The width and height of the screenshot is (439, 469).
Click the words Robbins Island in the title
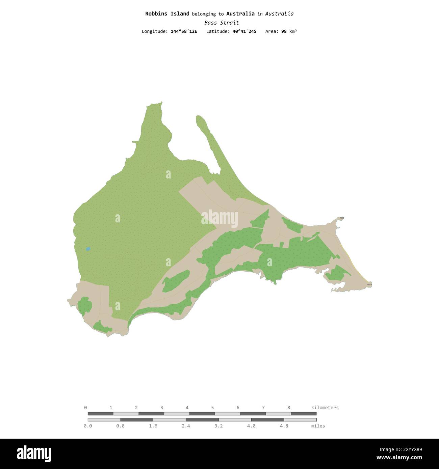[167, 14]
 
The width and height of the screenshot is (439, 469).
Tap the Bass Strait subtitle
[222, 23]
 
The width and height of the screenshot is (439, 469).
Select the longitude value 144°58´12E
[184, 31]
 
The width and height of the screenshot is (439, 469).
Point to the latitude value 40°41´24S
[244, 31]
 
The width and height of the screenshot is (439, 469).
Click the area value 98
[284, 31]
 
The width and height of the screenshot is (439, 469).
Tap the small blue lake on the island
[88, 249]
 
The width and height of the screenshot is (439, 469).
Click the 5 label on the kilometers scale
[212, 408]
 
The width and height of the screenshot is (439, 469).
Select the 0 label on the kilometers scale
[85, 408]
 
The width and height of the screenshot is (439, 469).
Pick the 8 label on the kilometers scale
[289, 408]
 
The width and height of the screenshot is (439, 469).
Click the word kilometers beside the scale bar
[325, 408]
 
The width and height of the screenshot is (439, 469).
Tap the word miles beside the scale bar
[318, 426]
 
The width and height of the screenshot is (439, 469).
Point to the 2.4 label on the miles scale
[186, 426]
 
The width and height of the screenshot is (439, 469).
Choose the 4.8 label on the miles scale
[284, 426]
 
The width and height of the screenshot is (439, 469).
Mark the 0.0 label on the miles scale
[88, 426]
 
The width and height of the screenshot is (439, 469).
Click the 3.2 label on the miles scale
[218, 426]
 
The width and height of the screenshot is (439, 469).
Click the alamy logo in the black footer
[34, 453]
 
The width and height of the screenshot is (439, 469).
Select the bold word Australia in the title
[240, 14]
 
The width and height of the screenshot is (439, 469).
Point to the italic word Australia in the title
[279, 14]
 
